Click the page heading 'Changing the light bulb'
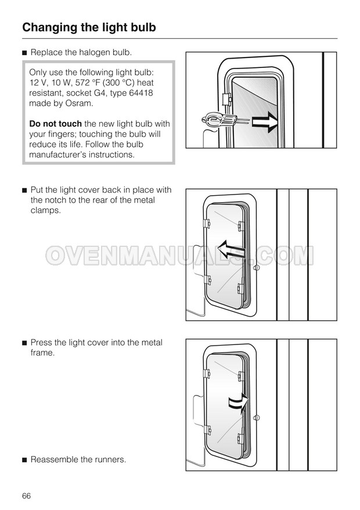[x=89, y=28]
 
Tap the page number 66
[x=26, y=495]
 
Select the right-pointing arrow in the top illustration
[x=265, y=121]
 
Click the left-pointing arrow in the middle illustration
[x=231, y=250]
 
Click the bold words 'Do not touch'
[x=55, y=124]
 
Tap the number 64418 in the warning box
[x=141, y=93]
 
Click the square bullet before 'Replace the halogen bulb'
[x=24, y=53]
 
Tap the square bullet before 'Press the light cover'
[x=24, y=343]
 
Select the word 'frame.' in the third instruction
[x=42, y=353]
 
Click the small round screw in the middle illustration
[x=256, y=267]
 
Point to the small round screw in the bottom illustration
[x=256, y=418]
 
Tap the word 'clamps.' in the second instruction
[x=46, y=210]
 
